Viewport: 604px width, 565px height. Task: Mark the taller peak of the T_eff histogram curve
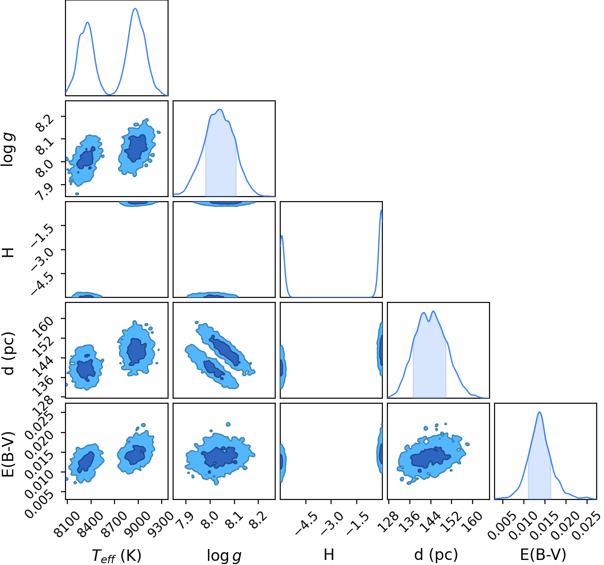coord(136,9)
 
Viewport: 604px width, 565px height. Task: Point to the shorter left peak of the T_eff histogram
coord(87,22)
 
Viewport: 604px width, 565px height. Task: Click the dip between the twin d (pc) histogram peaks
coord(429,321)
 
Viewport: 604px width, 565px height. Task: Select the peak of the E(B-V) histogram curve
coord(540,412)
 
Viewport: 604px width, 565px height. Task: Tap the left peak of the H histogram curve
coord(282,236)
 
